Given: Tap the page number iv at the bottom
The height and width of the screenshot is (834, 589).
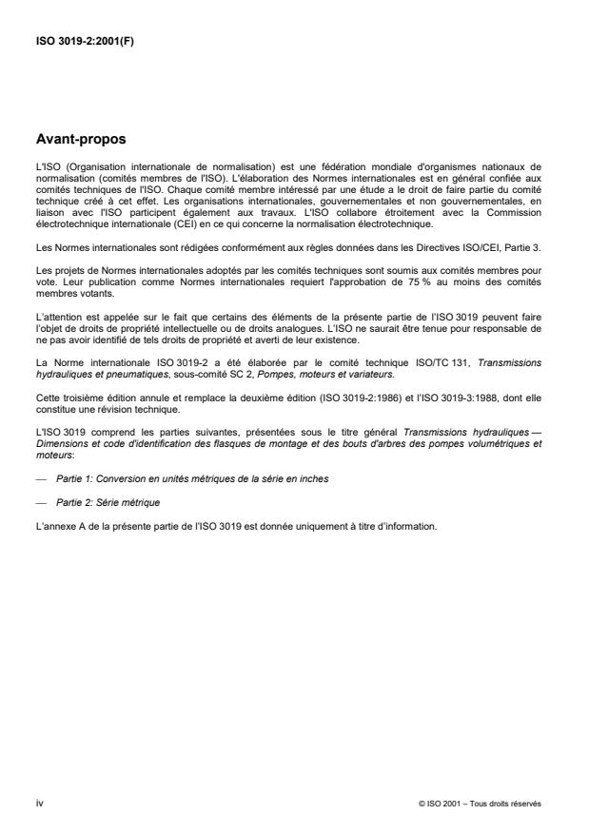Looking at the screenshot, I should coord(39,803).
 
